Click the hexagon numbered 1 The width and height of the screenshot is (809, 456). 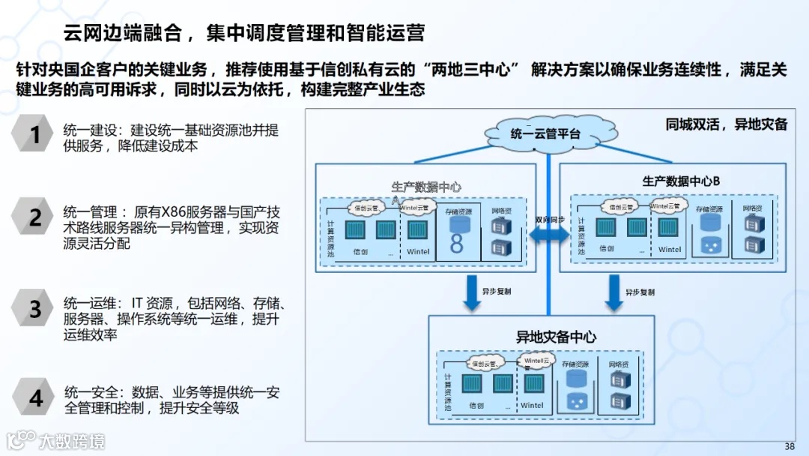34,135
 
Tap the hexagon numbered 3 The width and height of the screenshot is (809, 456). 34,308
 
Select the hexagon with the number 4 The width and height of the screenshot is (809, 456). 34,398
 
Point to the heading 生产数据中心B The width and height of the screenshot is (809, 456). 680,181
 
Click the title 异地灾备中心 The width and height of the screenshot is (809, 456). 556,337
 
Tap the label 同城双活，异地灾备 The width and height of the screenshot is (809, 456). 726,124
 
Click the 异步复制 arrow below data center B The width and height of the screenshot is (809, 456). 613,292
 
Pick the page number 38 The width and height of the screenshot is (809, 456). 789,446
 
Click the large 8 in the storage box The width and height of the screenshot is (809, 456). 456,243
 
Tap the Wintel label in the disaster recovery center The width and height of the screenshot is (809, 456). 532,406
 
